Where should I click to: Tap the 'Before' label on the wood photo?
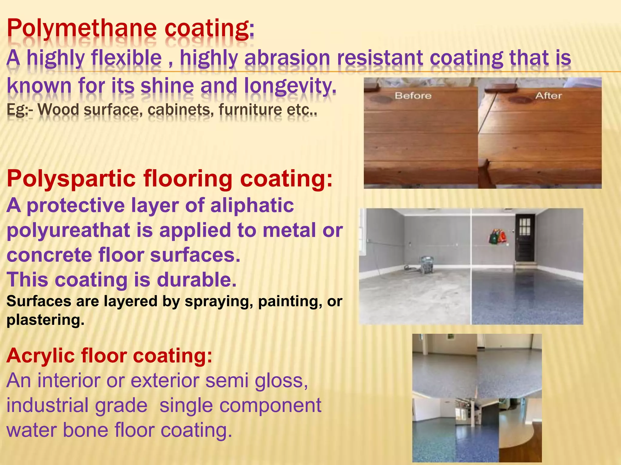coord(413,96)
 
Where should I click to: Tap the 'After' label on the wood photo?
coord(548,96)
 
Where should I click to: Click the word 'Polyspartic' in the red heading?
coord(71,179)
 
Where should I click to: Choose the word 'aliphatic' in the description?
coord(252,206)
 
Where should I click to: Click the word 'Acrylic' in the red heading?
coord(40,355)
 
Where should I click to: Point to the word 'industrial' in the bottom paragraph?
coord(45,406)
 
